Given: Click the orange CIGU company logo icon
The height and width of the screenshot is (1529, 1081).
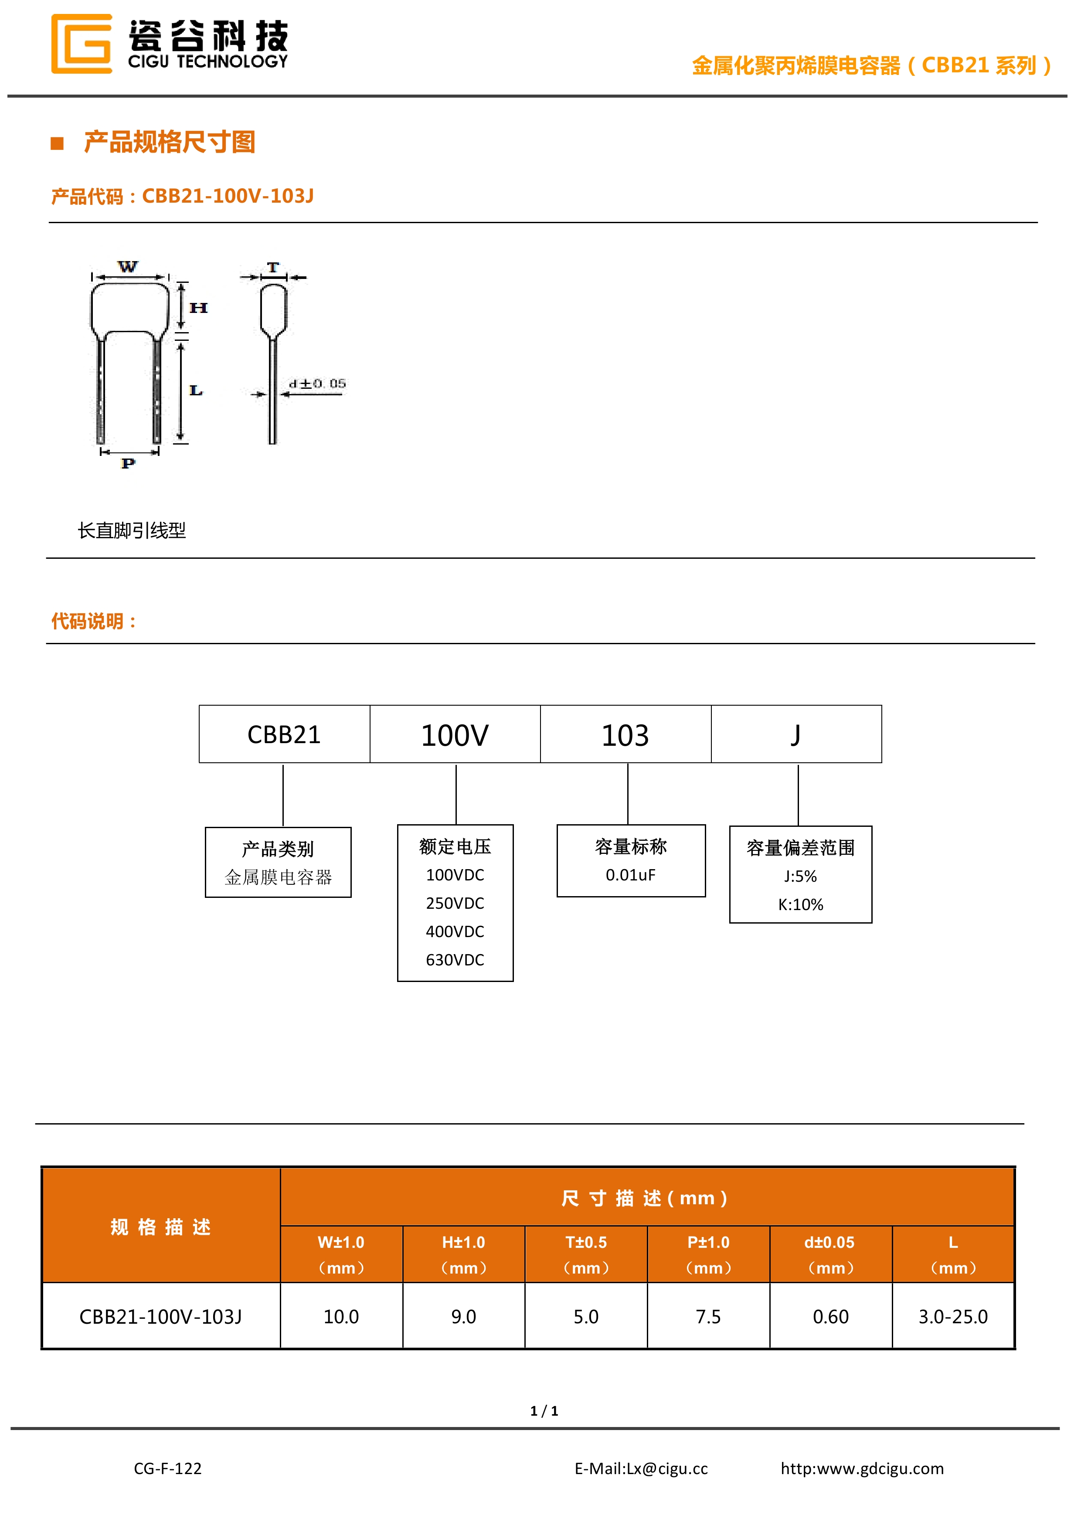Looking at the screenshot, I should (x=81, y=44).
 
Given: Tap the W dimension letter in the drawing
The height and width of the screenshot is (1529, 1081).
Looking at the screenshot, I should (x=127, y=267).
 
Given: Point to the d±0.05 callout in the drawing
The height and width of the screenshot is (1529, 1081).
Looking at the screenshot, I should (x=317, y=384).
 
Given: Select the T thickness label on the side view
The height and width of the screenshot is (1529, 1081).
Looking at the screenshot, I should (x=273, y=268).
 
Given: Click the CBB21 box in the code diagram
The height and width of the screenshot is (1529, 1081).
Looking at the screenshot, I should (x=284, y=734).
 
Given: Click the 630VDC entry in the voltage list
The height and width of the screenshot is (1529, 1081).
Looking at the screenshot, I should (x=455, y=960).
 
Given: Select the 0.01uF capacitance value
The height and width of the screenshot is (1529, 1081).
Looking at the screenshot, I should (x=630, y=875).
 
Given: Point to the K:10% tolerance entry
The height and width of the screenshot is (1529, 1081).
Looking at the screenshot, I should (x=801, y=904).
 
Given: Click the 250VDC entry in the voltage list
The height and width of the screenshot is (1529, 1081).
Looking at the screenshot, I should (x=455, y=903).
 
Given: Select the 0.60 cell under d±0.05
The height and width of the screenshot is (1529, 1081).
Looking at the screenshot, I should (x=830, y=1317).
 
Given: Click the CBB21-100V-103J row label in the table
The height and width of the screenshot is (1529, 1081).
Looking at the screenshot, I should (x=160, y=1317).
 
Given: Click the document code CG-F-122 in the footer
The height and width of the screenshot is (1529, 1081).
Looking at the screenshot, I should (x=168, y=1468).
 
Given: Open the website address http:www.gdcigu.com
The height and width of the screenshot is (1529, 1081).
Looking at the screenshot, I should (x=862, y=1468).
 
